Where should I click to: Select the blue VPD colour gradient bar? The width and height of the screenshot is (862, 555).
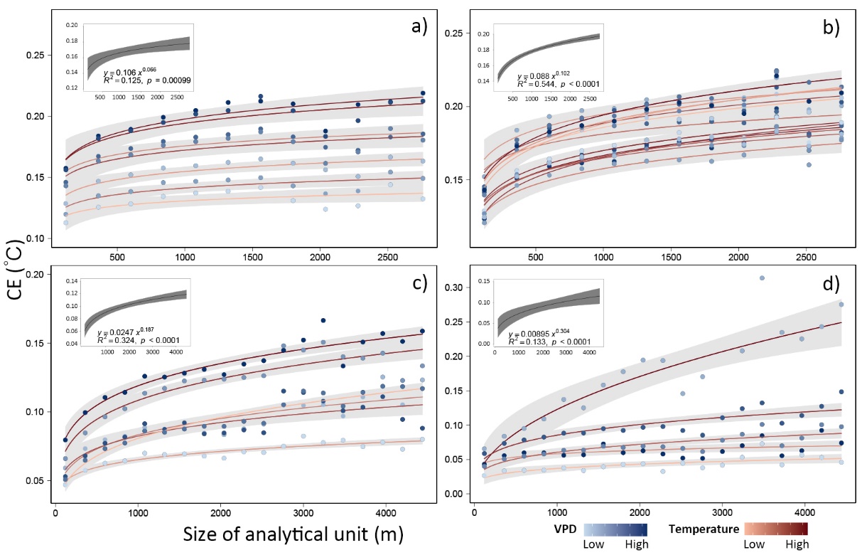click(618, 529)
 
